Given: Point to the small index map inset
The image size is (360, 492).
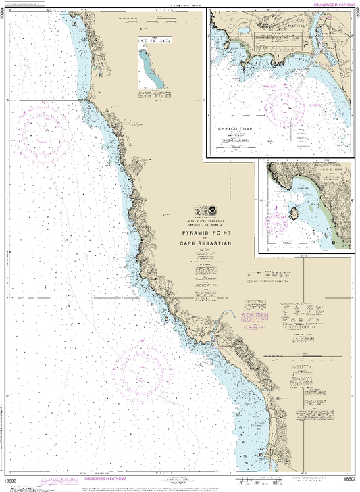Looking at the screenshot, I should coord(152,64).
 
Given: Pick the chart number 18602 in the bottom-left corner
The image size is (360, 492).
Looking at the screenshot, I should coord(9,479).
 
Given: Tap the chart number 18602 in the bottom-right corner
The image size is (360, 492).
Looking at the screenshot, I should coord(349,479).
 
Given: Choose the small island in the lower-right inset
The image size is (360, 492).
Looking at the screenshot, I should coord(295,215).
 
